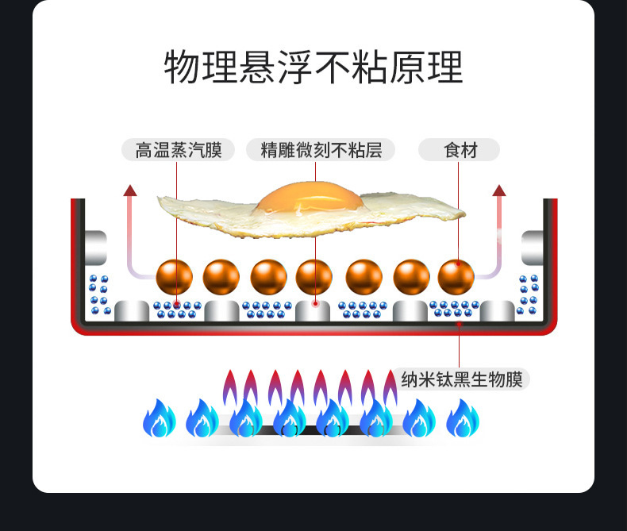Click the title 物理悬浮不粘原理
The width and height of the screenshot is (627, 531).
tap(313, 67)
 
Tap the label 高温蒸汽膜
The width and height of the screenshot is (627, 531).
tap(178, 150)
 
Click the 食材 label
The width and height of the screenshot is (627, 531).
tap(460, 150)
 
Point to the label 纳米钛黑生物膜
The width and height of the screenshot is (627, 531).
tap(462, 379)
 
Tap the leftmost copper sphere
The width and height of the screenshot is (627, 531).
tap(174, 277)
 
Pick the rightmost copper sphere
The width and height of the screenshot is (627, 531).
tap(456, 277)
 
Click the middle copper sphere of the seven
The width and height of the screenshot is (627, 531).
tap(314, 277)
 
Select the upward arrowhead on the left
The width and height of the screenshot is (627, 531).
tap(130, 190)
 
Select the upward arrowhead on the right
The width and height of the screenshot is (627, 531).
tap(499, 190)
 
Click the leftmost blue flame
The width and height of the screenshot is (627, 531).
tap(159, 418)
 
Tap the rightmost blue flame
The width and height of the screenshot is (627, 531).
tap(463, 418)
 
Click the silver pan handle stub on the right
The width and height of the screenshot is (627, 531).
tap(533, 247)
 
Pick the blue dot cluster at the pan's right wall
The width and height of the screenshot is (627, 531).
tap(529, 294)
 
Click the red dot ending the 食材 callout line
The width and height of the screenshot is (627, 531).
tap(459, 323)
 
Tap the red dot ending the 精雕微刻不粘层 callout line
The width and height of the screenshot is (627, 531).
tap(315, 302)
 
